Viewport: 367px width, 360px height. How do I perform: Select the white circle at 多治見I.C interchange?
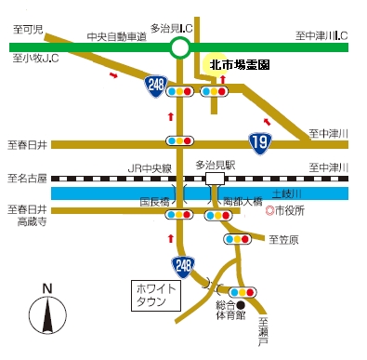pos(180,47)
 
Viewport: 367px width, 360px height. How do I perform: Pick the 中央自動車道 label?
pos(115,36)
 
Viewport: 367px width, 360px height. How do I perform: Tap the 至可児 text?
pos(28,30)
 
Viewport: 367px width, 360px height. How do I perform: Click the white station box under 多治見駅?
pos(215,178)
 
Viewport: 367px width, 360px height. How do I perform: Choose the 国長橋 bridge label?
pos(154,201)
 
